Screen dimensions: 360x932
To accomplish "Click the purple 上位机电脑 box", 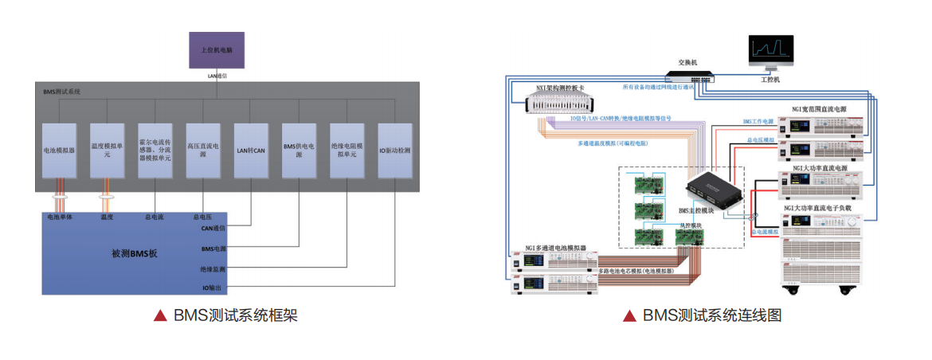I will tap(216, 49).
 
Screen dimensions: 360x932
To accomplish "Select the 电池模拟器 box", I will tap(60, 149).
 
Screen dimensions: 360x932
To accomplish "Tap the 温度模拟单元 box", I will tap(108, 149).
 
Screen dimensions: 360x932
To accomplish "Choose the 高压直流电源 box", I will tap(202, 149).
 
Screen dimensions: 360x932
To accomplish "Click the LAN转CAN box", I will tap(250, 149).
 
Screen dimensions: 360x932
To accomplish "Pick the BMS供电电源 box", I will tap(298, 149).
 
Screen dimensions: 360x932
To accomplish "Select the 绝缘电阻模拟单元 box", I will tap(347, 149).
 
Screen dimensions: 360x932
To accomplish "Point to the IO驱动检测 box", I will tap(394, 149).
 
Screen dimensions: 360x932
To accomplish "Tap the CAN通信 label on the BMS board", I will tap(213, 228).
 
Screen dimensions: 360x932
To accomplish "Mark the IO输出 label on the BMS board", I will tap(213, 287).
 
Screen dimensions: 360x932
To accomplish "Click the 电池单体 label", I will tap(61, 217).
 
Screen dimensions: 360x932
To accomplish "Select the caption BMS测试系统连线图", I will tap(712, 315).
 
